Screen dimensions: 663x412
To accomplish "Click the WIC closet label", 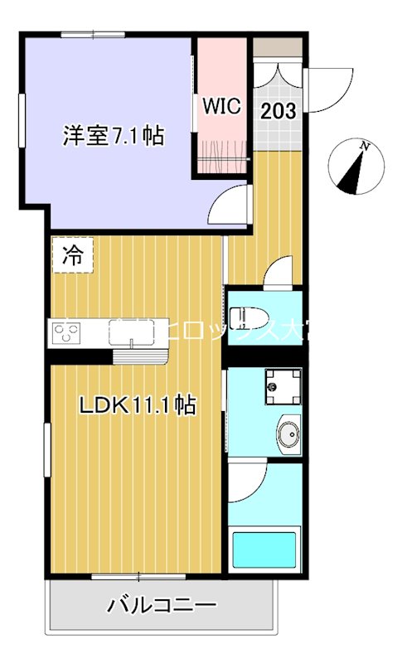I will tap(222, 106).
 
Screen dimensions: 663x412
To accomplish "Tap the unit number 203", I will tap(279, 111).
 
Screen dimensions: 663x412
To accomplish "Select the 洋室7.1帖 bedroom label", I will tap(113, 136).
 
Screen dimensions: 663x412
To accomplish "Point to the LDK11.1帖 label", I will tap(137, 405).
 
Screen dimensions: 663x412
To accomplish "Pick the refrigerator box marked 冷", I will tap(72, 255).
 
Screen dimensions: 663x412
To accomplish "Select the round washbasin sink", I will tap(288, 433).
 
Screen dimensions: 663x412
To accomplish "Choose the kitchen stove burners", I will tap(66, 333).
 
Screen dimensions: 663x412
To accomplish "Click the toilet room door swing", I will tap(279, 273).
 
